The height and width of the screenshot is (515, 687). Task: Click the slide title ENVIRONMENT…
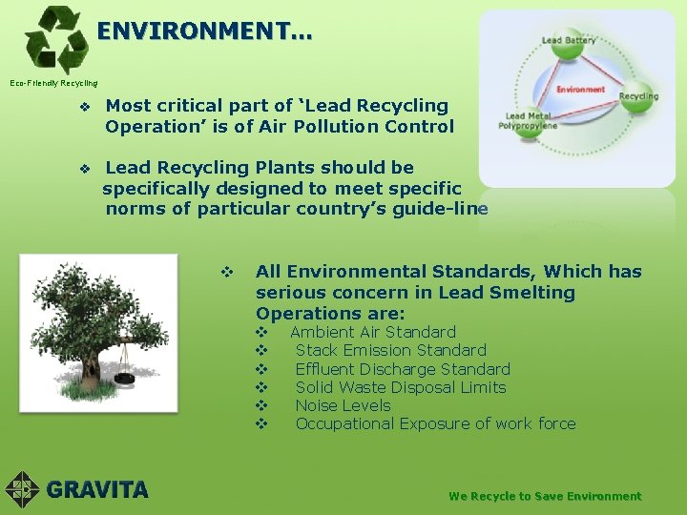point(203,31)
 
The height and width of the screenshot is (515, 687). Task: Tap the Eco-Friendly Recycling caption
point(53,83)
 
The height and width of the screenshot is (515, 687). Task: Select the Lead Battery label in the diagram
point(569,41)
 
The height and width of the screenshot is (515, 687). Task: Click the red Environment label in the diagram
point(581,89)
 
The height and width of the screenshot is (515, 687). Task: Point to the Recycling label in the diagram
point(638,96)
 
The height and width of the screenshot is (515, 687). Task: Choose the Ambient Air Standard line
point(372,332)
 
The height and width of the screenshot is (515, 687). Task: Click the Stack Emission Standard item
point(390,350)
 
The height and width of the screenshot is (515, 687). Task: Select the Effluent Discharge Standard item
point(403,369)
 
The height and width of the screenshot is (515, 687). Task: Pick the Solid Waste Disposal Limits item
point(401,387)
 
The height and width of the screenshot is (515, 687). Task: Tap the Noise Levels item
point(343,405)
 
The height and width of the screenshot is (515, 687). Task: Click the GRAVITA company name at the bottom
point(97,490)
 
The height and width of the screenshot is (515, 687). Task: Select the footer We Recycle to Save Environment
point(545,496)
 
